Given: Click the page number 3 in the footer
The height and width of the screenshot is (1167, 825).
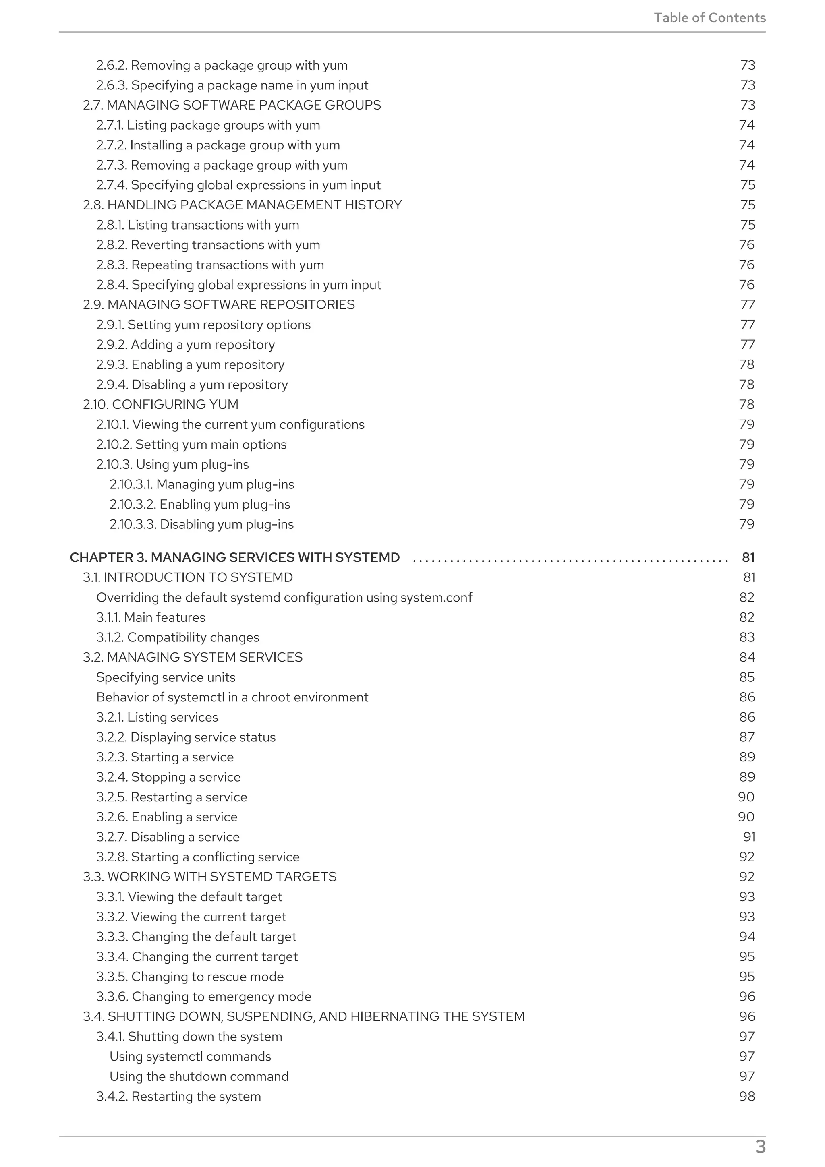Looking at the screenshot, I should click(x=760, y=1146).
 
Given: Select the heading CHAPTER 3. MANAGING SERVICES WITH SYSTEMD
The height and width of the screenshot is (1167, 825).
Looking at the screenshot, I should click(x=234, y=558).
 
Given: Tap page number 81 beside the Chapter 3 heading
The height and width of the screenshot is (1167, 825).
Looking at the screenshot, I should click(x=748, y=558).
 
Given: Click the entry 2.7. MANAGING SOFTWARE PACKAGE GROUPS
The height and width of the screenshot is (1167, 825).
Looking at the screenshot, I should click(x=232, y=105).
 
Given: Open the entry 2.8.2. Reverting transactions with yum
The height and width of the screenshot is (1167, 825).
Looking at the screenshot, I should click(x=208, y=245).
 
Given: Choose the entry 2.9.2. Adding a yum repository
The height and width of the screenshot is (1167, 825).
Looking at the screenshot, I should click(x=186, y=345).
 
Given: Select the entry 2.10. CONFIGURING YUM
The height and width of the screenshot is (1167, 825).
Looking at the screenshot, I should click(x=161, y=405).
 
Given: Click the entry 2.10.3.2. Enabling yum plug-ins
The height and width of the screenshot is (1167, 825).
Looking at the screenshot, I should click(x=200, y=504).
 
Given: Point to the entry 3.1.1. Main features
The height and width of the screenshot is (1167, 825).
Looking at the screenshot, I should click(x=151, y=618).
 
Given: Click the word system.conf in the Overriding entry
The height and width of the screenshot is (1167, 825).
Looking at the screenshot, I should click(x=436, y=598).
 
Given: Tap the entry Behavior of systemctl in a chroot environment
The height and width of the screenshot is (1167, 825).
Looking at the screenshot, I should click(x=232, y=697).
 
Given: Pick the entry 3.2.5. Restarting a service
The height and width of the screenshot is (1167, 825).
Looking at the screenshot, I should click(x=172, y=797).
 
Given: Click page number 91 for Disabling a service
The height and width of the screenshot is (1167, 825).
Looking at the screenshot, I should click(x=749, y=837).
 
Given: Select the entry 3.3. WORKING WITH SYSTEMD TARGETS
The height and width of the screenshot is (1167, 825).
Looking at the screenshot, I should click(x=209, y=877).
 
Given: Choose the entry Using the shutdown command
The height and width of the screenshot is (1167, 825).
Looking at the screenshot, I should click(x=199, y=1076).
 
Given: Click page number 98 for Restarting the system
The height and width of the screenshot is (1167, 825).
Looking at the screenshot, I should click(x=747, y=1097).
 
